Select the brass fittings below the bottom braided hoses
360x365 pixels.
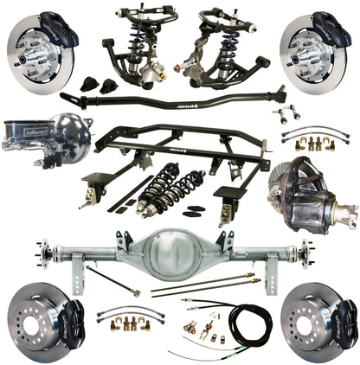coord(129,323)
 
